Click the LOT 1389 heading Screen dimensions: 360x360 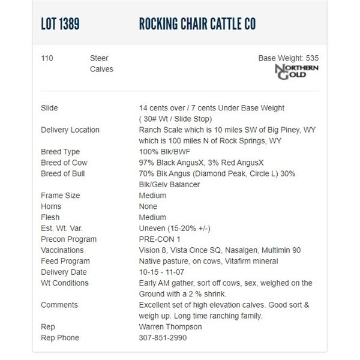pyautogui.click(x=60, y=25)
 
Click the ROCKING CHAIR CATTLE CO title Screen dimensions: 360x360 pyautogui.click(x=198, y=25)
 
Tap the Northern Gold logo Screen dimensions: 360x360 pyautogui.click(x=296, y=71)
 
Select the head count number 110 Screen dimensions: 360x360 pyautogui.click(x=47, y=58)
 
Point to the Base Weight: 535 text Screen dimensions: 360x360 pyautogui.click(x=288, y=58)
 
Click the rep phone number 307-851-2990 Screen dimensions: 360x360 pyautogui.click(x=163, y=338)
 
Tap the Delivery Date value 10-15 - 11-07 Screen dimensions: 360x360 pyautogui.click(x=167, y=272)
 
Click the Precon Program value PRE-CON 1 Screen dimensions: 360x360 pyautogui.click(x=160, y=239)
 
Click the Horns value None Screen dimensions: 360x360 pyautogui.click(x=149, y=206)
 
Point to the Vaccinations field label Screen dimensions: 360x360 pyautogui.click(x=62, y=250)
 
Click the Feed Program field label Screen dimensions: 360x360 pyautogui.click(x=65, y=261)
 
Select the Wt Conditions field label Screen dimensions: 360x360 pyautogui.click(x=64, y=283)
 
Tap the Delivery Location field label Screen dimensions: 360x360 pyautogui.click(x=70, y=130)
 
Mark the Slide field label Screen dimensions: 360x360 pyautogui.click(x=49, y=108)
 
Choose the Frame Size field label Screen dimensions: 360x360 pyautogui.click(x=60, y=196)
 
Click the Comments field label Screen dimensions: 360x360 pyautogui.click(x=59, y=305)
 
